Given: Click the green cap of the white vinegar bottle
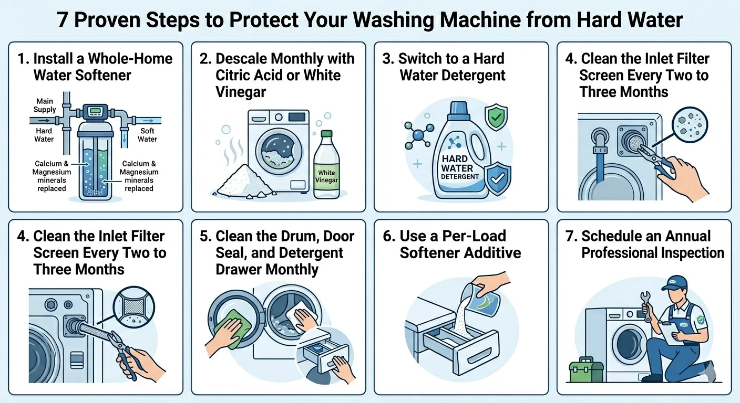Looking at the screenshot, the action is pos(326,134).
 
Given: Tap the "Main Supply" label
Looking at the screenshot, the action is pos(45,105).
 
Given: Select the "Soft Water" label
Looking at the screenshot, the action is pos(147,135).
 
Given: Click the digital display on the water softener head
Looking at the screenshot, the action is pos(95,111).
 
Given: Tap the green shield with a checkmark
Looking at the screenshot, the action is pos(496,116).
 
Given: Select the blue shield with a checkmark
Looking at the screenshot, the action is pos(498,178).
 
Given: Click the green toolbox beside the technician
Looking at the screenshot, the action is pos(586,370).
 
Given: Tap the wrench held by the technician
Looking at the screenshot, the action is pos(646,306).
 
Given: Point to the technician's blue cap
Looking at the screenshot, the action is pos(675,283).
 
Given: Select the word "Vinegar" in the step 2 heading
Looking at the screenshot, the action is pos(241,92).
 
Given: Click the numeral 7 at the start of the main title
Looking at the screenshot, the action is pos(63,20).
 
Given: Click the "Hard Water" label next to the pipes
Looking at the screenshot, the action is pos(44,135).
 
